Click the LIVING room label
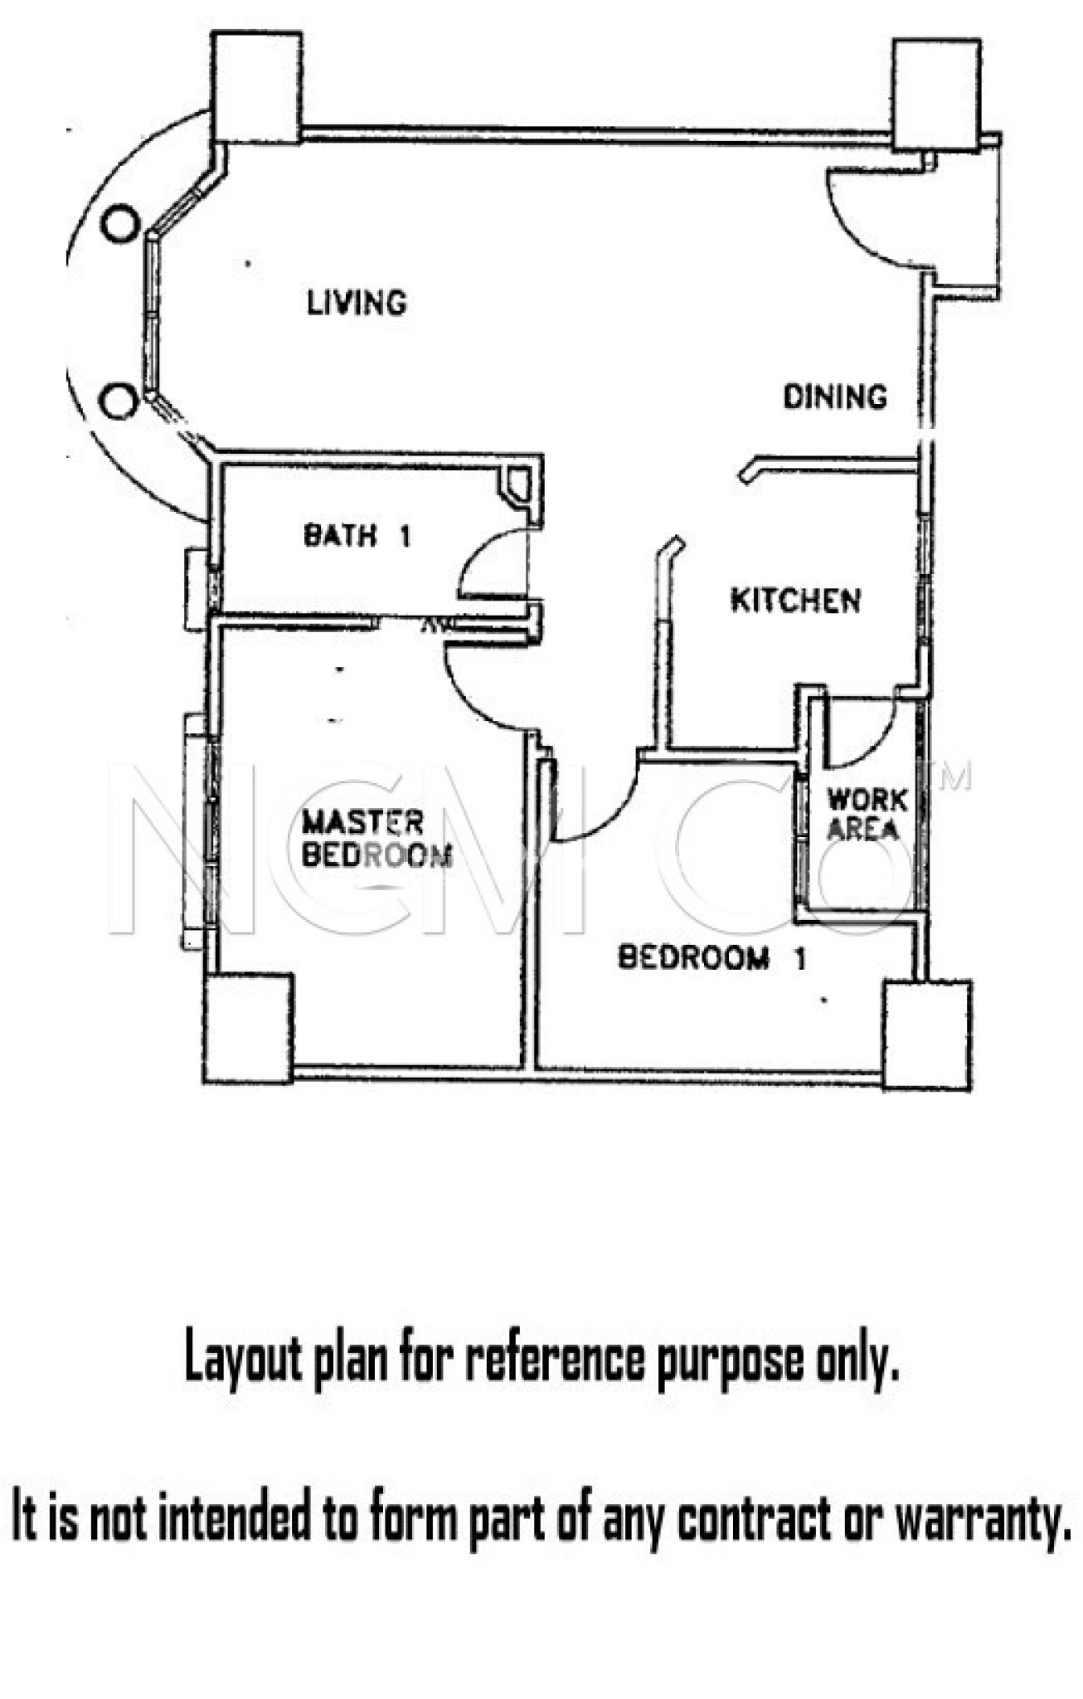click(x=357, y=303)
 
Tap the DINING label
click(x=835, y=397)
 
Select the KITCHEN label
click(x=795, y=600)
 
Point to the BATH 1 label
click(x=357, y=535)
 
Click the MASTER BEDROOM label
click(x=376, y=839)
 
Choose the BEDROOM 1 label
click(x=711, y=958)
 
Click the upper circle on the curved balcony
click(x=120, y=224)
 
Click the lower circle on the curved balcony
click(x=119, y=402)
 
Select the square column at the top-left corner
click(x=256, y=87)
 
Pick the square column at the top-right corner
click(x=937, y=95)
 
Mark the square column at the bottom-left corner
click(x=249, y=1028)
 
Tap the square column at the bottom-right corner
click(x=927, y=1034)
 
